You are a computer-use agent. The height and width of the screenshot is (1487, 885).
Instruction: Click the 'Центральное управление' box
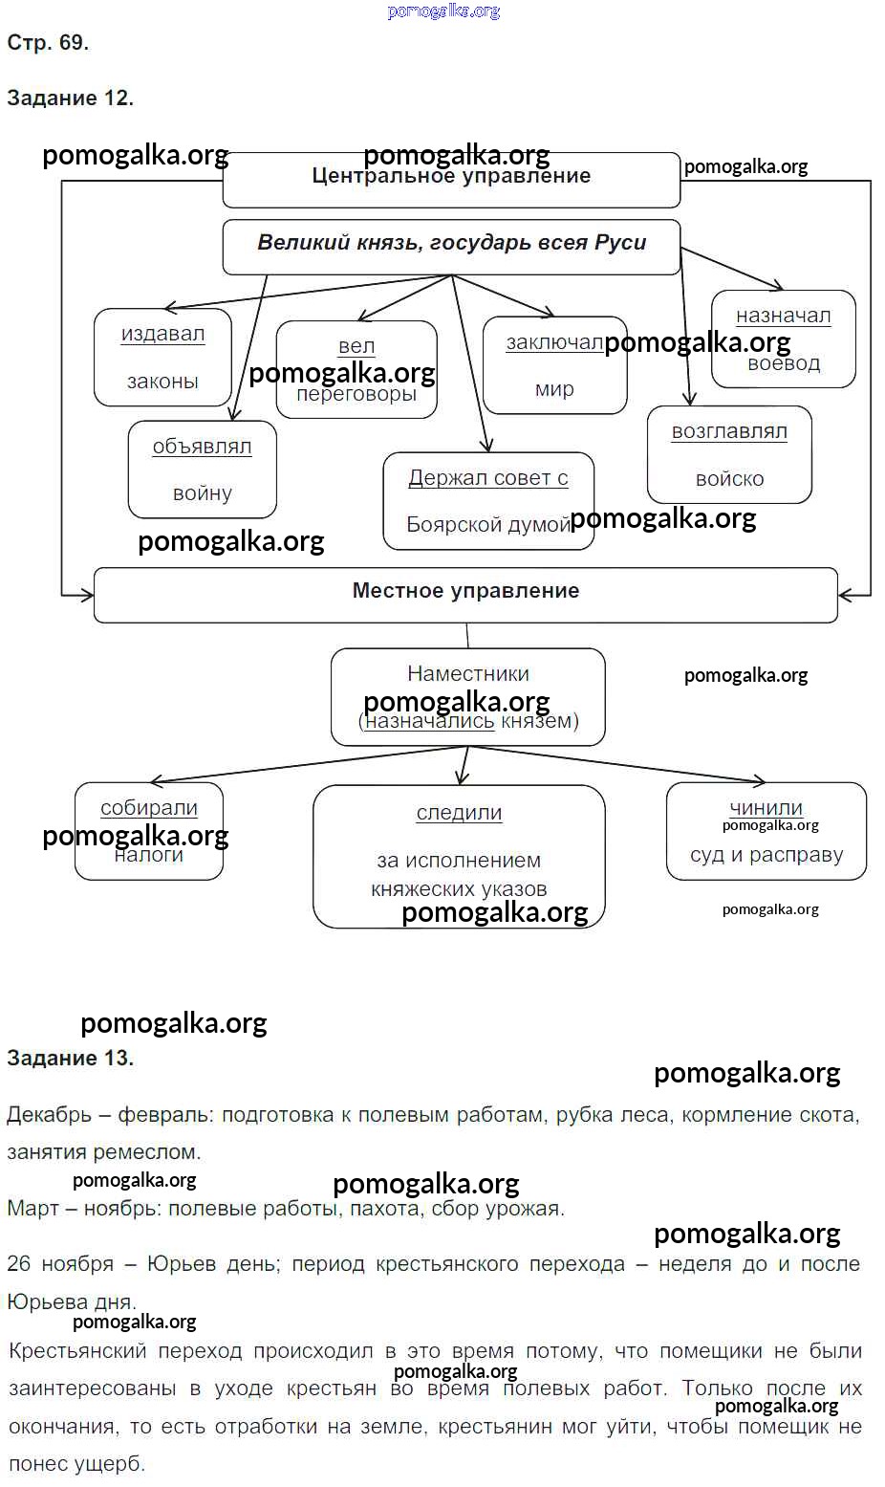click(x=451, y=179)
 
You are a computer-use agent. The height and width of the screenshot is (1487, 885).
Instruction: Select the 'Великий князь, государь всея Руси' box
click(x=451, y=246)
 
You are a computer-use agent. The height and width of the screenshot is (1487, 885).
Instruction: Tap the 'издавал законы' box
click(x=162, y=357)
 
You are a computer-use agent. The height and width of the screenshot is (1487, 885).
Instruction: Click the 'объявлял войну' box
click(x=202, y=470)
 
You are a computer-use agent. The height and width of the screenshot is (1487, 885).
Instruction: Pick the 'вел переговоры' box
click(x=356, y=369)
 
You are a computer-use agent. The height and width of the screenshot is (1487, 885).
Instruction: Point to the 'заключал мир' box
click(x=554, y=365)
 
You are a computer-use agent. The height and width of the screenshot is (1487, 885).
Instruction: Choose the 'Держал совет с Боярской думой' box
click(x=488, y=501)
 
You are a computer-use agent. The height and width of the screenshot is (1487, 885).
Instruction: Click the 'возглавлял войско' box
click(x=729, y=455)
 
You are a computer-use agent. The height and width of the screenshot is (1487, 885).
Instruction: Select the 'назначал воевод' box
click(x=783, y=339)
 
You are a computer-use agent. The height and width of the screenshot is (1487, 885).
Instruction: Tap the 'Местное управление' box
click(x=465, y=594)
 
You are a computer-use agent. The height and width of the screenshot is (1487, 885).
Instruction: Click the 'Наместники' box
click(x=467, y=696)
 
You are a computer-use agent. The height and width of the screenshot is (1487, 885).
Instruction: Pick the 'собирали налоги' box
click(x=149, y=830)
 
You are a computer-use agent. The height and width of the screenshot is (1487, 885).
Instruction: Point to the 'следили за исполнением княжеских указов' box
click(x=459, y=855)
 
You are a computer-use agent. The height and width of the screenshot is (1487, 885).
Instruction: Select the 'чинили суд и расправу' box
click(x=766, y=830)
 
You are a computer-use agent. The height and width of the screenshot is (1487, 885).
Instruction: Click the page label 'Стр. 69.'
click(x=48, y=43)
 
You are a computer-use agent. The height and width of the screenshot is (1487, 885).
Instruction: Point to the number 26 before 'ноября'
click(x=19, y=1264)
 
